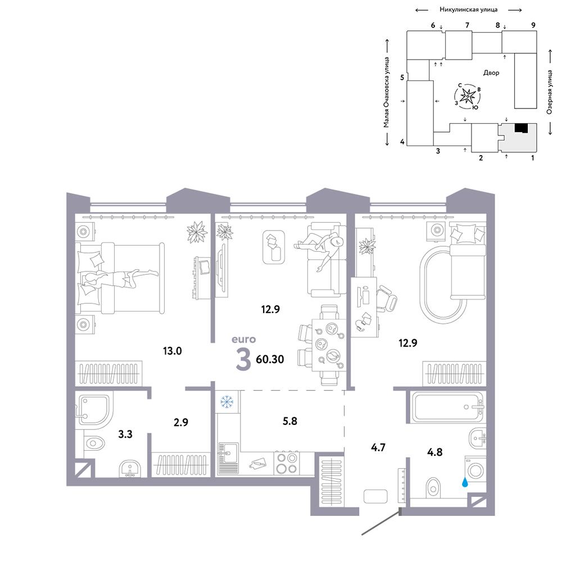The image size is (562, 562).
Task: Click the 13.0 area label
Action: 173,351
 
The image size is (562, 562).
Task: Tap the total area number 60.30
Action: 270,359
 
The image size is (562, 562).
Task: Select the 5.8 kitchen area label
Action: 290,421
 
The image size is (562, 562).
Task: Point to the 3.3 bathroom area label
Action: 125,434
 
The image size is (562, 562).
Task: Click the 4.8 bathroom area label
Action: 435,452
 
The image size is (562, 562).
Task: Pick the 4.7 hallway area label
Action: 378,447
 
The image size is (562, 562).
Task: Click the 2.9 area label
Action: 181,422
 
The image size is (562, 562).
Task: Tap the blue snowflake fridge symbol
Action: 226,402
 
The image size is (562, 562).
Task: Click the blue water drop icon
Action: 465,482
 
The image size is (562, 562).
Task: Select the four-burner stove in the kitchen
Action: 287,463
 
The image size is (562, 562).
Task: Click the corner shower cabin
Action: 93,410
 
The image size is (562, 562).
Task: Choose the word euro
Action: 244,339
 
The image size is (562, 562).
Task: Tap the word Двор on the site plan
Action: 491,72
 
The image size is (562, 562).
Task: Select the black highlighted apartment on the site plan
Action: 521,128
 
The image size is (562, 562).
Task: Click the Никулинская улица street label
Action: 469,10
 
